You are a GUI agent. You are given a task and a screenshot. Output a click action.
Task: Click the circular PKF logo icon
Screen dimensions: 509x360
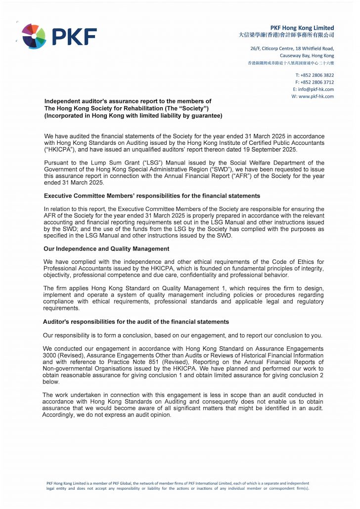click(34, 36)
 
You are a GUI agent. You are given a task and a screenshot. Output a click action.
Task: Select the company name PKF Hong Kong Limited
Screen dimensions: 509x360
click(302, 28)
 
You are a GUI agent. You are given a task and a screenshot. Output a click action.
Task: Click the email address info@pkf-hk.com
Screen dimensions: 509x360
click(316, 89)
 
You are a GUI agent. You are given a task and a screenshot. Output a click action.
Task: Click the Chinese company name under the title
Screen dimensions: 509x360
click(286, 35)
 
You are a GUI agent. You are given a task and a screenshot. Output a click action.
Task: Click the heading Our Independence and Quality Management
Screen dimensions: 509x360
click(106, 249)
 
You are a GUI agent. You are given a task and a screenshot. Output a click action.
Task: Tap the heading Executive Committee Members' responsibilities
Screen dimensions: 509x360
click(152, 196)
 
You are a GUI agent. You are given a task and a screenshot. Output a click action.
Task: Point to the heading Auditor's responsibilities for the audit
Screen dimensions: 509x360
click(136, 322)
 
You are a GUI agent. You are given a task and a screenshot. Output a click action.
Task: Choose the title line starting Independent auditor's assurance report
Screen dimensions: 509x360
click(128, 101)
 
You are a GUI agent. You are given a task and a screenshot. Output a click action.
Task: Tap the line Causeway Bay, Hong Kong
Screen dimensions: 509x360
click(307, 56)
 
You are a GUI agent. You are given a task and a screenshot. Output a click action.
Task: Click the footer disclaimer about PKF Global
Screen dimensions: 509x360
click(178, 486)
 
